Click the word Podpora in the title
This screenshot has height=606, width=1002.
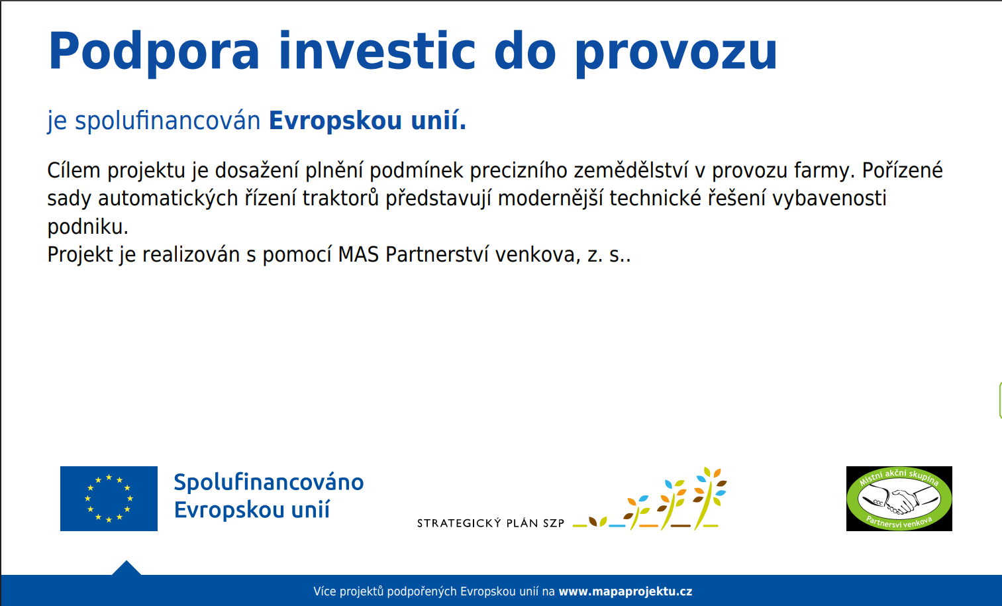click(154, 53)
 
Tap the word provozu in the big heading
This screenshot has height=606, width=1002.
click(676, 53)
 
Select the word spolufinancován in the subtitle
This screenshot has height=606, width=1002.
click(168, 121)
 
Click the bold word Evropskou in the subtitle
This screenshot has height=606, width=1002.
click(336, 121)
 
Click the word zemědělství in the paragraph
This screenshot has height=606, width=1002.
click(631, 170)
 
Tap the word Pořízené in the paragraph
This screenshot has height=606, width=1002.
click(902, 170)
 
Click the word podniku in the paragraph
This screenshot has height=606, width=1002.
click(87, 227)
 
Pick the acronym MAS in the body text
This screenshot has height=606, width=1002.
click(358, 254)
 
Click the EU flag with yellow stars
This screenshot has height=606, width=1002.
click(109, 499)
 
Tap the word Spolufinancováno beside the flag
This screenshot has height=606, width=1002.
click(269, 482)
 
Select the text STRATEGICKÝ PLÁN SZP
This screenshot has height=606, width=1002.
click(491, 523)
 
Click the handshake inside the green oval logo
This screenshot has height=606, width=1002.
click(899, 501)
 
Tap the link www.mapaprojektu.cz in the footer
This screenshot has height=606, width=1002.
click(625, 591)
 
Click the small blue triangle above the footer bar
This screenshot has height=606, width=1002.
click(126, 568)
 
